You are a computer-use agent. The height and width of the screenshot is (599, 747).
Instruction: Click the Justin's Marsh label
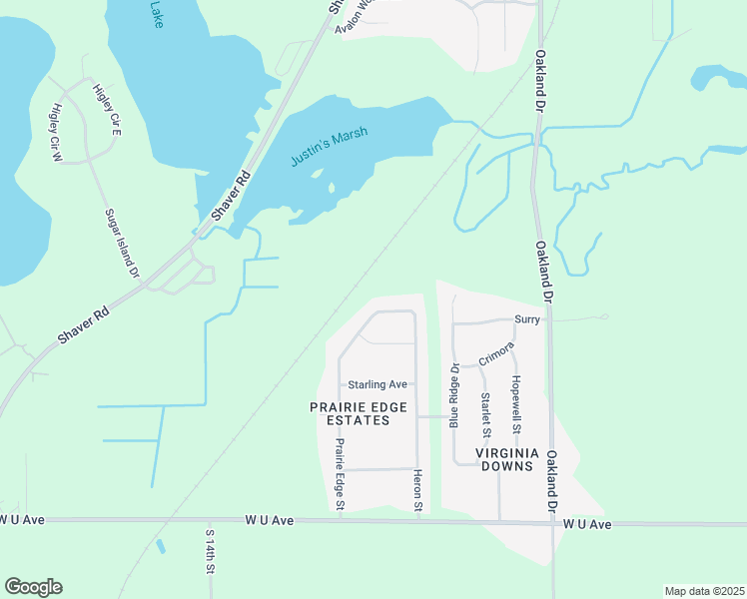click(330, 147)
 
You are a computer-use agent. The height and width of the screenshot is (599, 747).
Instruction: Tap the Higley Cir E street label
click(107, 110)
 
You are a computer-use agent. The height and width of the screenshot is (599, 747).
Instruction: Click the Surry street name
click(527, 319)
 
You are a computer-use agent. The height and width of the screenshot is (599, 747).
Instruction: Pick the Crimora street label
click(495, 353)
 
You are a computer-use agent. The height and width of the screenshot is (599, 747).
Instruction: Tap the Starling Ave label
click(377, 384)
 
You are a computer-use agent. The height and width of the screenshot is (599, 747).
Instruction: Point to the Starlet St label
click(485, 415)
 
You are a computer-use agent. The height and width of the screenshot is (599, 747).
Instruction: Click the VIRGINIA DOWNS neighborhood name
click(507, 460)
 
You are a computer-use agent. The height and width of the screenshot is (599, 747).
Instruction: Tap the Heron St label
click(418, 492)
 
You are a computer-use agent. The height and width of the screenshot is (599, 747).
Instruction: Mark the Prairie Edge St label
click(340, 475)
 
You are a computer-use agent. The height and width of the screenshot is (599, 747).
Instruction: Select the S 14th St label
click(211, 552)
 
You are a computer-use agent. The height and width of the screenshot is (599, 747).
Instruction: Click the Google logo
click(33, 587)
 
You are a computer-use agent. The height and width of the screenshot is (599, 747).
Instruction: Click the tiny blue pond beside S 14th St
click(161, 547)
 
